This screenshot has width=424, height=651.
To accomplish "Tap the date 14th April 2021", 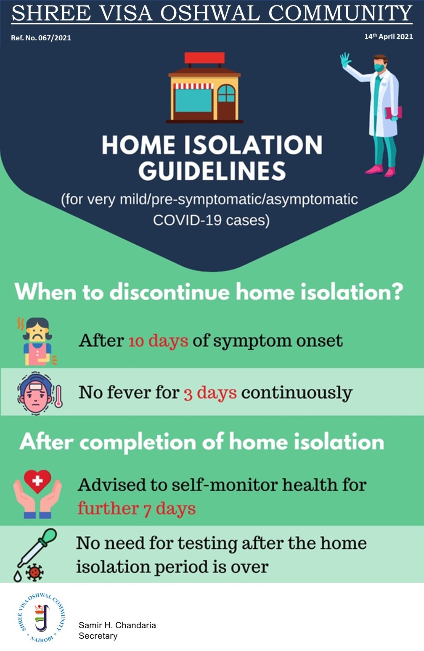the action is (x=389, y=37).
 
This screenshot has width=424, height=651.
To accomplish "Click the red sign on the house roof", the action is (x=204, y=58).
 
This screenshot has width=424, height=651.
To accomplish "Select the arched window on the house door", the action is (x=226, y=93).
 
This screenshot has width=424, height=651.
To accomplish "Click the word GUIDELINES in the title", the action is (x=212, y=171).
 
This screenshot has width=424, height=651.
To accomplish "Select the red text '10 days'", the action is (x=159, y=341).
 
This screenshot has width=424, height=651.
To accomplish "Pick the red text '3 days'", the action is (x=210, y=393).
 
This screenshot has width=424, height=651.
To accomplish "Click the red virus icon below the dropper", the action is (x=34, y=573).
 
